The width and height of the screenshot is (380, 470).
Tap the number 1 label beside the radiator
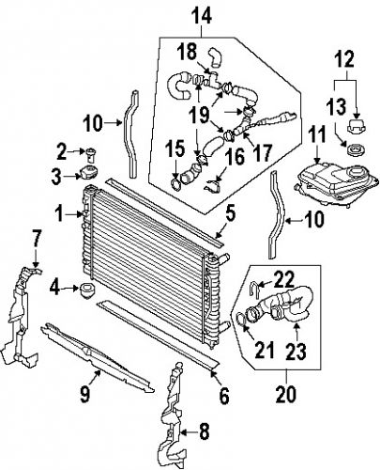[57, 214]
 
